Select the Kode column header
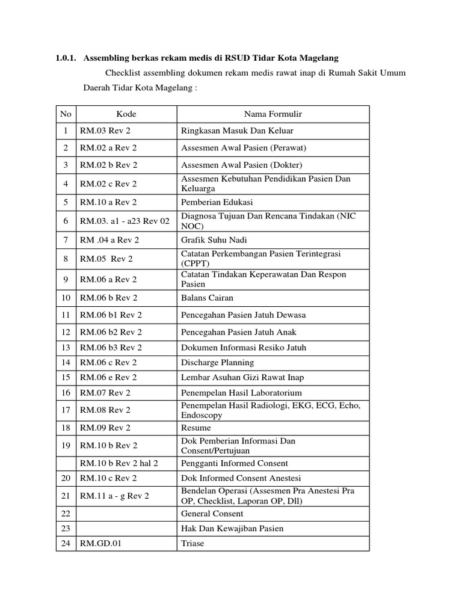pos(126,114)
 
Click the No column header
pos(66,114)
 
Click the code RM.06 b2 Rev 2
pos(111,331)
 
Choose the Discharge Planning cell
pos(217,362)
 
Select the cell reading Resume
pos(196,428)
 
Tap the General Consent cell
pos(212,513)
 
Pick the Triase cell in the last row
pos(192,543)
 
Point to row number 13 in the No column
pos(66,347)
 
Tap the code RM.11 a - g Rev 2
pos(114,496)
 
